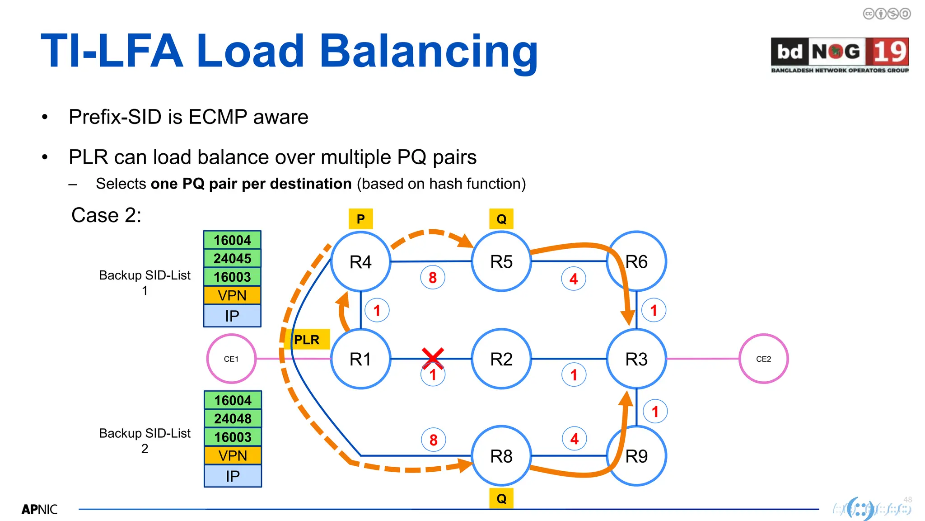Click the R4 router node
pos(360,261)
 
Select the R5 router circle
pos(501,261)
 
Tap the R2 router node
pos(501,359)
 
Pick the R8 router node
pos(501,456)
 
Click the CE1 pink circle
pos(231,359)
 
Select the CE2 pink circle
pos(763,359)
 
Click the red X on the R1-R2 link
pos(433,358)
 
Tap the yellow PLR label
pos(307,340)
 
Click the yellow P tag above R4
pos(360,219)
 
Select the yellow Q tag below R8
pos(501,498)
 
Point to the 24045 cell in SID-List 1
pos(232,258)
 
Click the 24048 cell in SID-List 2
pos(233,418)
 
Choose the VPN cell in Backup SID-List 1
pos(232,295)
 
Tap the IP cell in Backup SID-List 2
pos(233,476)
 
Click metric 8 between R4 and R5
pos(433,277)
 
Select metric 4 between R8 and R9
pos(574,438)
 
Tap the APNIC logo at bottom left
pos(40,509)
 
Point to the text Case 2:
pos(106,215)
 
